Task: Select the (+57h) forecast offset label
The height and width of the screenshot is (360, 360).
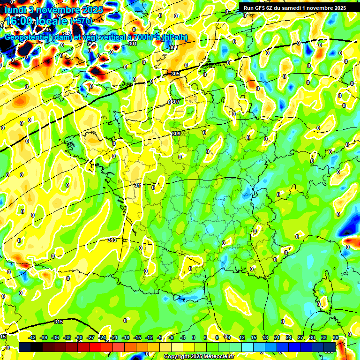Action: (x=82, y=22)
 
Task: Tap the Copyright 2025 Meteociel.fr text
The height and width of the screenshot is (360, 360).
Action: (x=199, y=356)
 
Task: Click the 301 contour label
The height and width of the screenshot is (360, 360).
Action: (x=132, y=44)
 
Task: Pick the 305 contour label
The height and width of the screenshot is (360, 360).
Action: (x=175, y=74)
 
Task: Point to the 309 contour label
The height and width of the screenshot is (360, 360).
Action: (x=176, y=134)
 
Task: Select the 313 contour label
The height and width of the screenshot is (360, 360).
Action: (x=112, y=240)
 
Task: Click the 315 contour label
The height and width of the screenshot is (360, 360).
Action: (x=59, y=322)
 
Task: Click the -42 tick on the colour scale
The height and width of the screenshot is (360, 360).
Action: (x=32, y=337)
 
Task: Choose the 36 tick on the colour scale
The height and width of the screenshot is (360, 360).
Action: (x=336, y=337)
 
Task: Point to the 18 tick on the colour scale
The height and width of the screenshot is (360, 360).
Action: (x=265, y=337)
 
